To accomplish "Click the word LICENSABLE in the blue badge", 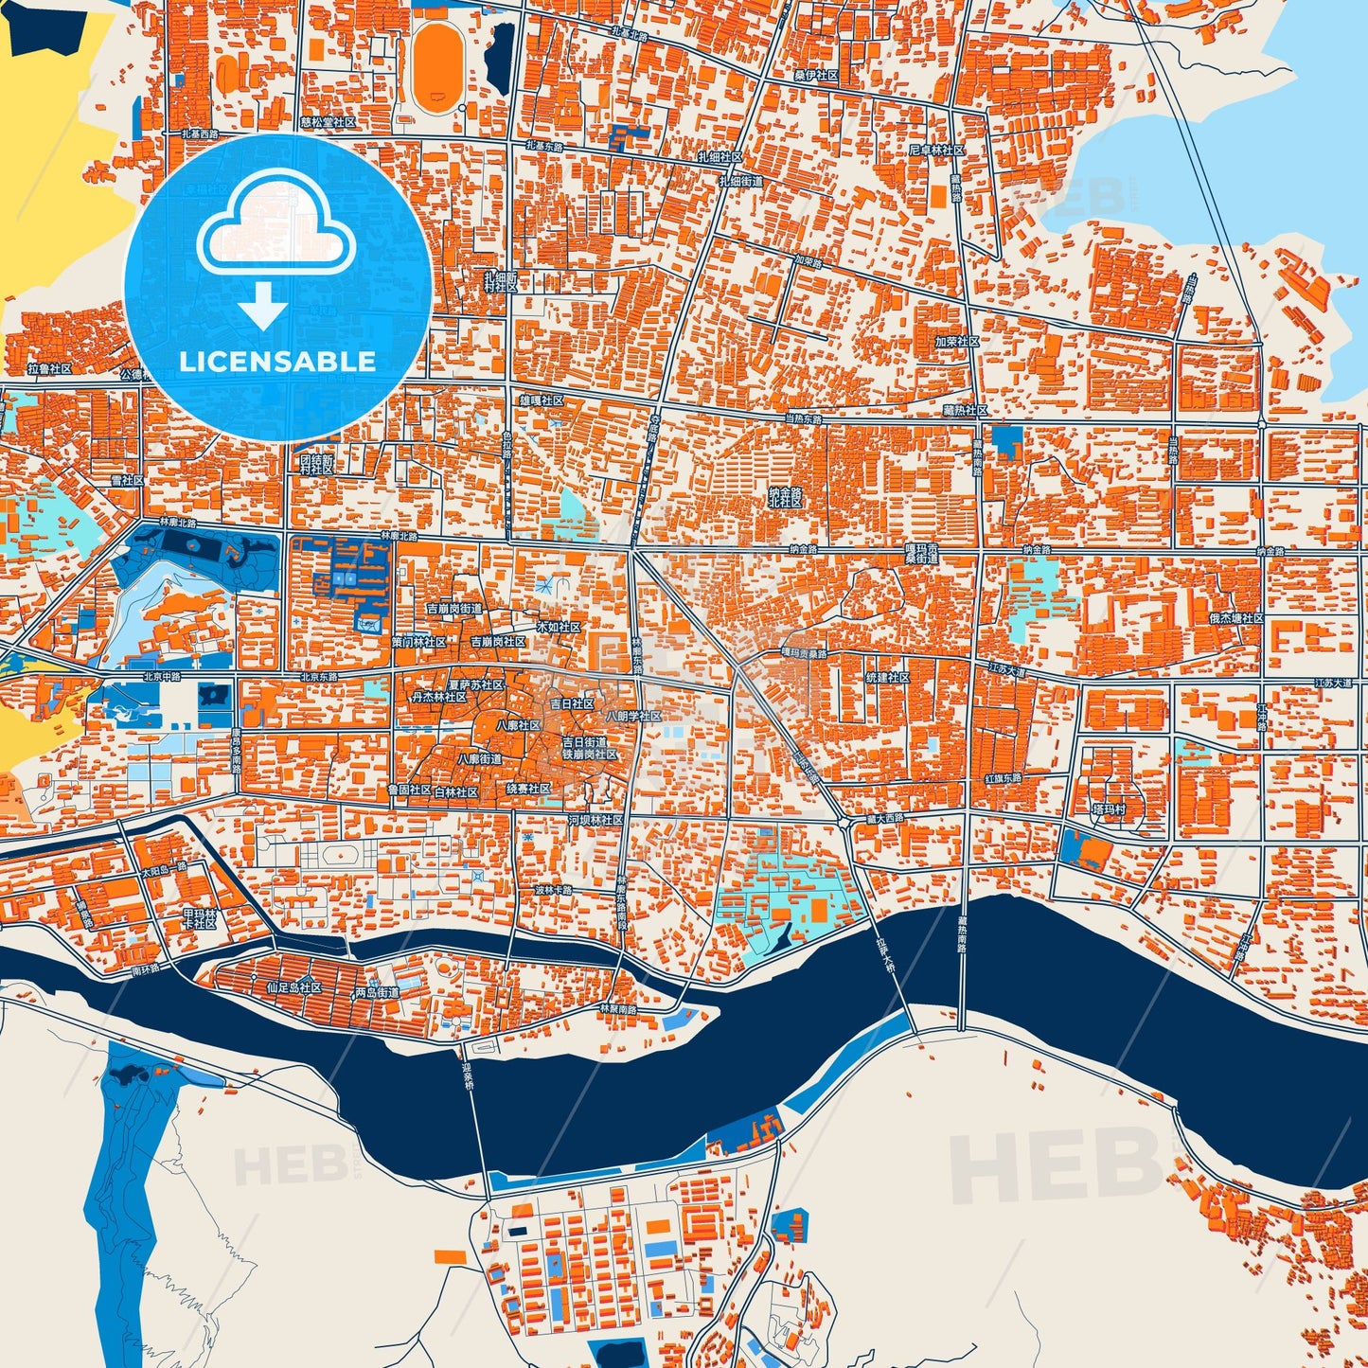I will pos(277,362).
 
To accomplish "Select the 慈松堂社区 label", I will pos(328,122).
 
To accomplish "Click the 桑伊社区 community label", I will pos(816,75).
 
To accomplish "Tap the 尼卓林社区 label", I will pos(936,151).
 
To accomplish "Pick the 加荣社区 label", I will pos(956,341).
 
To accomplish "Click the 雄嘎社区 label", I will pos(542,401).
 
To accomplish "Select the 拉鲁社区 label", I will pos(50,368).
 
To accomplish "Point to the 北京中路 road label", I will pos(161,677).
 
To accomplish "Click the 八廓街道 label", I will pos(480,759).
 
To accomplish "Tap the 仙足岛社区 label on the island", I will pos(294,987).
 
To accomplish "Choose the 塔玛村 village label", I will pos(1109,809).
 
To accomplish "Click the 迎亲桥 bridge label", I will pos(467,1077).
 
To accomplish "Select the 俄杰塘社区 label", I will pos(1235,618).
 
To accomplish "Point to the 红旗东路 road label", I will pos(1004,778).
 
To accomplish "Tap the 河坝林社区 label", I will pos(595,820).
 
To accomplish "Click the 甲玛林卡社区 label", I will pos(200,918).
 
